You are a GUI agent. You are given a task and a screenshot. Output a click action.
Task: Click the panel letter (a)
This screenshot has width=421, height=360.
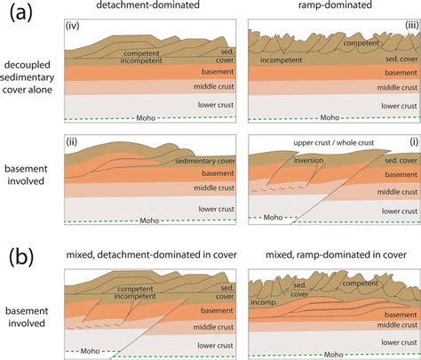[x=20, y=14]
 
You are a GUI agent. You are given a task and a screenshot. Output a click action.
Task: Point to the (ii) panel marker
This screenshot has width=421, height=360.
[x=73, y=140]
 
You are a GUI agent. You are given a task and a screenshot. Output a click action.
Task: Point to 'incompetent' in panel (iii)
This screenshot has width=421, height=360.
[x=280, y=66]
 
